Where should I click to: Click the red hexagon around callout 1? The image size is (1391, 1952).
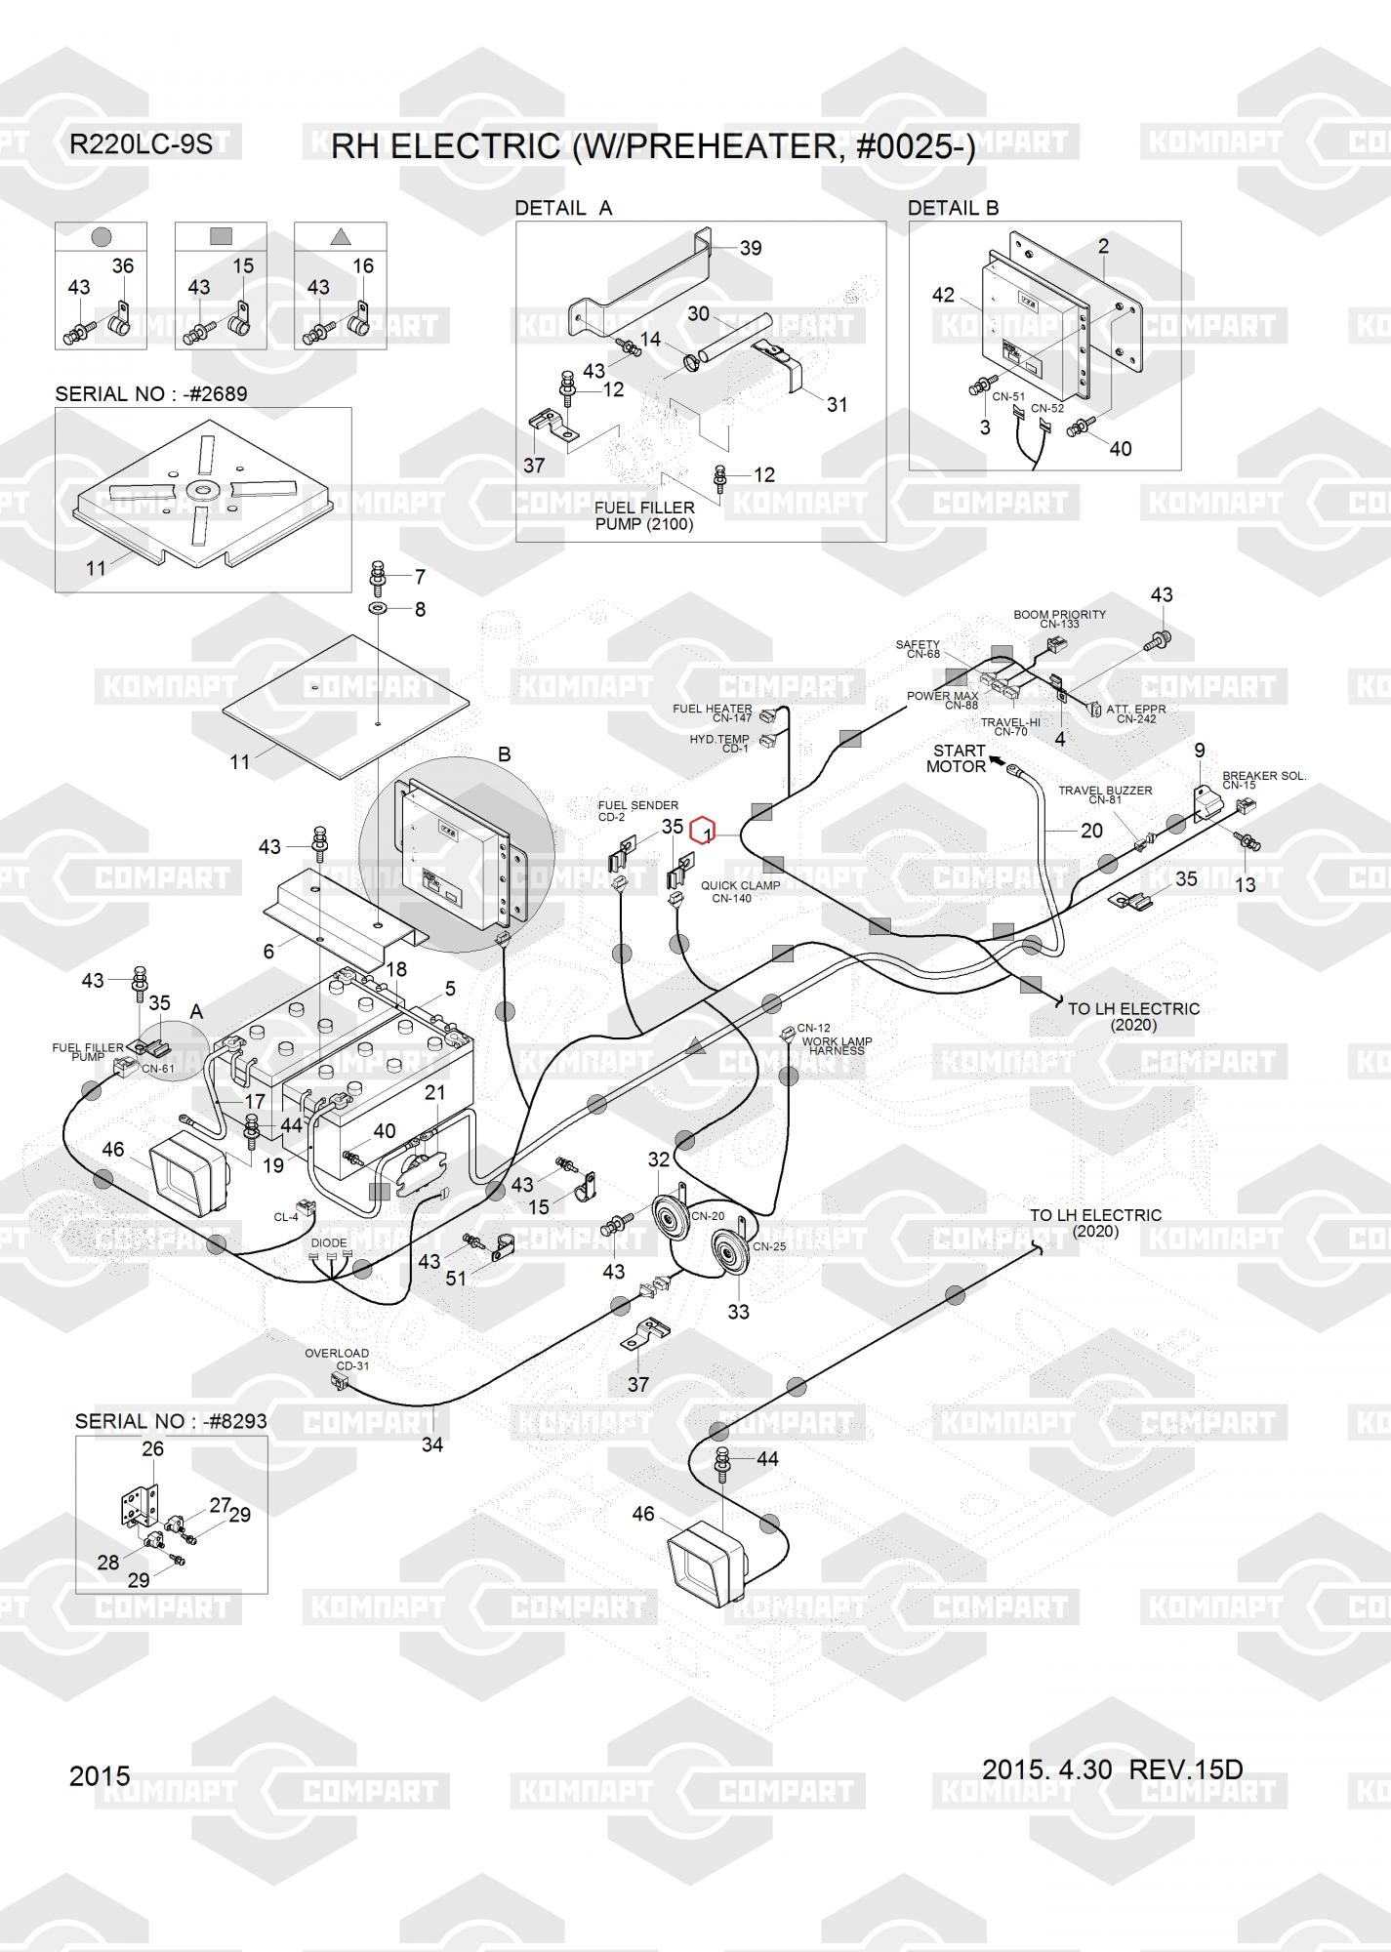703,832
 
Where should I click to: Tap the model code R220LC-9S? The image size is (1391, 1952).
141,145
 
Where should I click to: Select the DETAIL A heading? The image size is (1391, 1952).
563,208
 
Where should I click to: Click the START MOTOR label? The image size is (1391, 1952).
957,758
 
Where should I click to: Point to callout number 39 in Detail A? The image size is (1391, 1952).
751,248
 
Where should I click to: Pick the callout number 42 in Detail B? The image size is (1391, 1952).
943,295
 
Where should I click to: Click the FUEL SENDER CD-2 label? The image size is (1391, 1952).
638,811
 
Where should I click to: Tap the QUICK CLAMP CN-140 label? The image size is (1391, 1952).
740,892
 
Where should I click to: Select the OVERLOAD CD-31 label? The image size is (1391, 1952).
337,1359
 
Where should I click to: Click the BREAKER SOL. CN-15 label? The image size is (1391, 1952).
1263,780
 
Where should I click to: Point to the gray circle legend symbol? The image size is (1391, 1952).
101,236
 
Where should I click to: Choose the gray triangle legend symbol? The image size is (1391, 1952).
340,235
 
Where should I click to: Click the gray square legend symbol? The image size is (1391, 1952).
221,235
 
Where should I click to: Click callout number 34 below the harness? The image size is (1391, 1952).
431,1444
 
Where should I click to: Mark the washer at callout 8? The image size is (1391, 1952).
378,610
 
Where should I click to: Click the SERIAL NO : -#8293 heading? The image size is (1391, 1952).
171,1421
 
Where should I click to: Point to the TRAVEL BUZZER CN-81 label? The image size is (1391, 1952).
1105,794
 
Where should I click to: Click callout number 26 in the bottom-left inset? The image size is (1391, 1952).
153,1448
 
